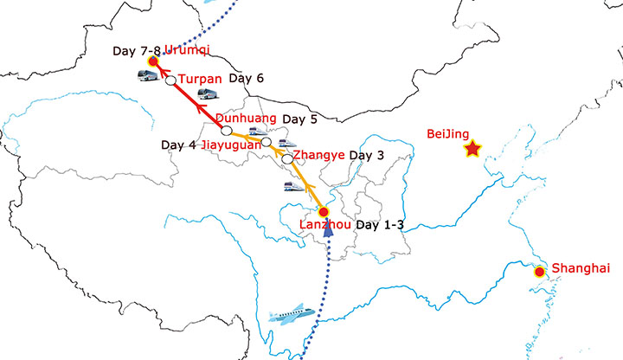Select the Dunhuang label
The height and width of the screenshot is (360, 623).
(246, 119)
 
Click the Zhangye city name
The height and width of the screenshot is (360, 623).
(319, 155)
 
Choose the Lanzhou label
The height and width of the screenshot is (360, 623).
(324, 226)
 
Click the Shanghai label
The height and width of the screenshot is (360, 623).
(581, 268)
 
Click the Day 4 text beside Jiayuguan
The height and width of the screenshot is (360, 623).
(178, 145)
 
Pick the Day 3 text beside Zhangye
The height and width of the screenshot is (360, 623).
(367, 155)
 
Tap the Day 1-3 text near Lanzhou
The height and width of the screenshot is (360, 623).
(381, 226)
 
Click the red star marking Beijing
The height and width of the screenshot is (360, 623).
(472, 151)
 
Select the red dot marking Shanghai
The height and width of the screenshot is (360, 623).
(540, 272)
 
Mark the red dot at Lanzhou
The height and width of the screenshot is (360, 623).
(324, 212)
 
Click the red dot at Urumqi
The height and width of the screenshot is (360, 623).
(152, 61)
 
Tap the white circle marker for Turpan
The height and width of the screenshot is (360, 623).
(170, 80)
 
